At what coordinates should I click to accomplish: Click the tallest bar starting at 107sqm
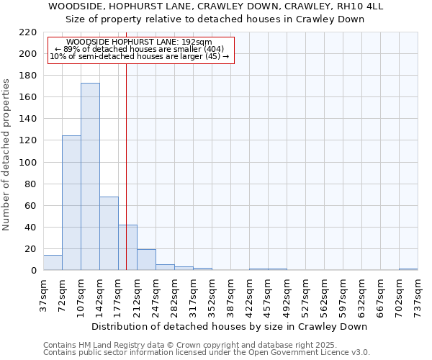90,176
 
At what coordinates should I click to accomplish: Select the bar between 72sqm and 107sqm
71,203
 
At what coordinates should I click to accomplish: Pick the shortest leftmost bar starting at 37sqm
53,263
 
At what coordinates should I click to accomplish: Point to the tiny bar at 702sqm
408,269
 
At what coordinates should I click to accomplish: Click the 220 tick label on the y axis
28,32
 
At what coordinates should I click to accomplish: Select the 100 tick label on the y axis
28,163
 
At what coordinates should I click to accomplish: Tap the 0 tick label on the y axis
34,271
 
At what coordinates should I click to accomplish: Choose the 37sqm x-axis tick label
43,295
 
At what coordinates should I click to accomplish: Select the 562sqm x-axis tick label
324,295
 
